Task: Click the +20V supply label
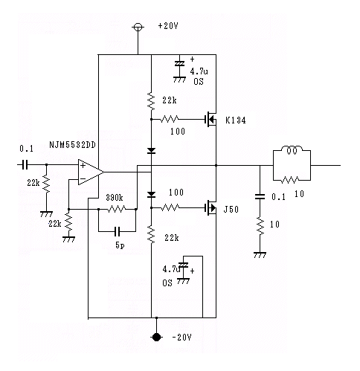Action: [x=168, y=26]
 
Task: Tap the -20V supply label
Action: [x=181, y=338]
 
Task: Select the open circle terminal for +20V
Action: [x=138, y=27]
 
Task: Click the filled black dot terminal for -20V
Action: [x=156, y=337]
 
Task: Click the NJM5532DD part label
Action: [x=72, y=145]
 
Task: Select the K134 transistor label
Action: [x=236, y=120]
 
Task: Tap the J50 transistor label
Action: [x=231, y=210]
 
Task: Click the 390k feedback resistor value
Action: [x=115, y=198]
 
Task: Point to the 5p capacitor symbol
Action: [x=118, y=231]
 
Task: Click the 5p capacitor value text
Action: [x=120, y=245]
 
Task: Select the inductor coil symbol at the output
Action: [x=292, y=149]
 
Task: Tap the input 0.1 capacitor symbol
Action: [x=25, y=164]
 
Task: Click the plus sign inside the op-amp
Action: [x=83, y=165]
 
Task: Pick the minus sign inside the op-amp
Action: [x=83, y=179]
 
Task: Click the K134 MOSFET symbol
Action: [x=210, y=120]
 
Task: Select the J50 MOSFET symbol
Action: [x=210, y=207]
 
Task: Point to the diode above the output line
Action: [x=151, y=150]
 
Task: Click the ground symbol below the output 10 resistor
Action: [x=260, y=255]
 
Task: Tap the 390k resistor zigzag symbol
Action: [x=117, y=210]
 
